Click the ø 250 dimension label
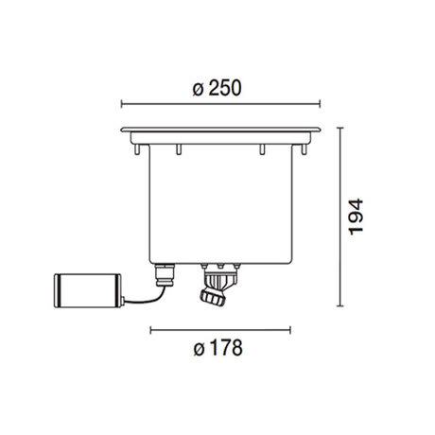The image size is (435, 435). click(217, 88)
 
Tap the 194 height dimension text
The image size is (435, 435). click(356, 217)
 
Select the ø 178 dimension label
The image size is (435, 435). click(217, 348)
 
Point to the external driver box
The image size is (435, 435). click(89, 290)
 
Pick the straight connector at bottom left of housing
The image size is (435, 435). click(165, 275)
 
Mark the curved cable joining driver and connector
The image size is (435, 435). click(145, 298)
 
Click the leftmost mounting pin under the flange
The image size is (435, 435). click(137, 149)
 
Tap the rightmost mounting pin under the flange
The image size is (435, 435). click(304, 149)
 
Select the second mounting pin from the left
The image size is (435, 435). click(179, 149)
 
